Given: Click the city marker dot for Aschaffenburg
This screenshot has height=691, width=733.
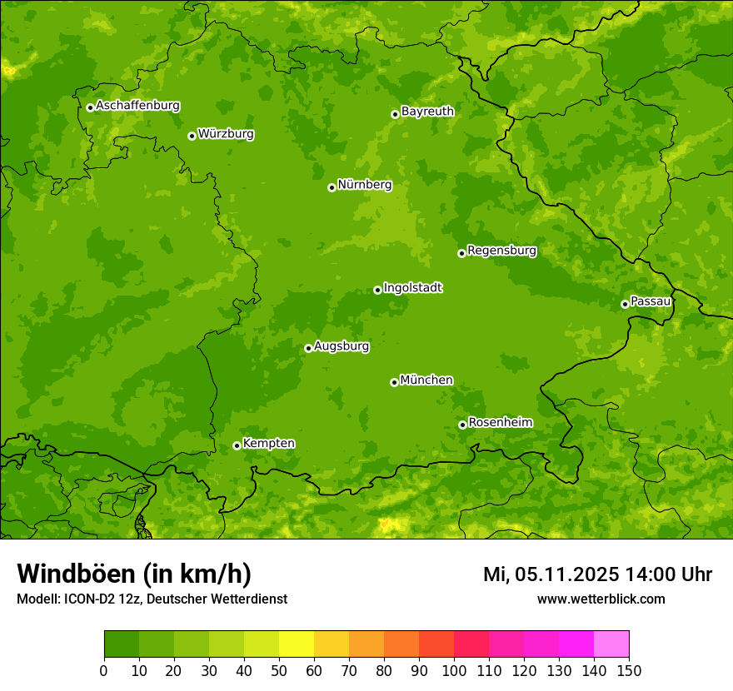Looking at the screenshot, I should click(90, 107).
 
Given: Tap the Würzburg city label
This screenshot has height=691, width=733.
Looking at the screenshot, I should click(226, 134).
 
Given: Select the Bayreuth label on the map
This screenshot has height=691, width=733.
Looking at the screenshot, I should click(427, 112).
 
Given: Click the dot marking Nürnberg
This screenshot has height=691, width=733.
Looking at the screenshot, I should click(332, 187).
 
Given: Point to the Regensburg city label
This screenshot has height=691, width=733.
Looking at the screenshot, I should click(501, 251).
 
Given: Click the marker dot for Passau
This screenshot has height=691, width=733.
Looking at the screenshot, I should click(625, 304).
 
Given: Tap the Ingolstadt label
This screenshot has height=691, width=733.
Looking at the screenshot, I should click(412, 288).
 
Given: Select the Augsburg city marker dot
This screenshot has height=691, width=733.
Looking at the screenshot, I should click(308, 348).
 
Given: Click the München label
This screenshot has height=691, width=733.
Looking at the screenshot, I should click(426, 380).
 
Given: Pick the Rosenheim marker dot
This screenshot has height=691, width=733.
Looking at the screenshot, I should click(462, 425).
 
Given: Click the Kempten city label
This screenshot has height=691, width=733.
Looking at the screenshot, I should click(268, 444).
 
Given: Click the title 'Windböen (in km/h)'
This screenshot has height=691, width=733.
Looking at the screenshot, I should click(133, 574).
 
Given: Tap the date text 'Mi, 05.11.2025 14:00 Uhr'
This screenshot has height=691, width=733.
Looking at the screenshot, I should click(597, 574).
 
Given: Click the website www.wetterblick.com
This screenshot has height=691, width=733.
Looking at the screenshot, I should click(601, 599).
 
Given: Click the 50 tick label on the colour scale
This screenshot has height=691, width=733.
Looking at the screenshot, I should click(279, 670).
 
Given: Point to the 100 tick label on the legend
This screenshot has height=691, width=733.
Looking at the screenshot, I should click(454, 670).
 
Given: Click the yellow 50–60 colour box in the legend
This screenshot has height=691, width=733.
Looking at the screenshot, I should click(297, 644).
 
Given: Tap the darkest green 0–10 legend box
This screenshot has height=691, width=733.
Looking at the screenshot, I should click(122, 644).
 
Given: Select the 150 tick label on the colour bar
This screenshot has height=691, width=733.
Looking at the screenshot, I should click(629, 670).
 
